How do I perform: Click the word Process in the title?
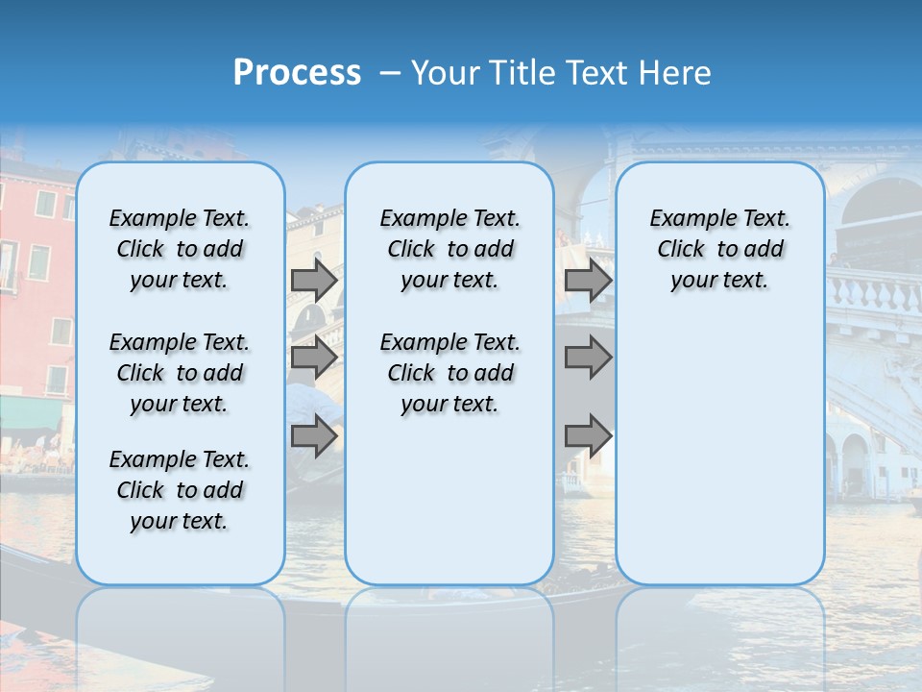[297, 73]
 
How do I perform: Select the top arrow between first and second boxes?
[314, 280]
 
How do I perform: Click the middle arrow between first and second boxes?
[314, 358]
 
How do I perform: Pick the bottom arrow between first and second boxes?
[314, 436]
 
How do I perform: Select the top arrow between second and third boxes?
[588, 280]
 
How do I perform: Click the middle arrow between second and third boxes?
[588, 358]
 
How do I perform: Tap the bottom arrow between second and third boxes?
[588, 436]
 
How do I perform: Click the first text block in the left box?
[180, 249]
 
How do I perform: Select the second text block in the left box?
[180, 373]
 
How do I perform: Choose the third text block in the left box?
[180, 490]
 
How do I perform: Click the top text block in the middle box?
[449, 249]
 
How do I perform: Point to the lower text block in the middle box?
[449, 373]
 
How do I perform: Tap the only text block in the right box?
[719, 249]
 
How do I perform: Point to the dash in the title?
[390, 73]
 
